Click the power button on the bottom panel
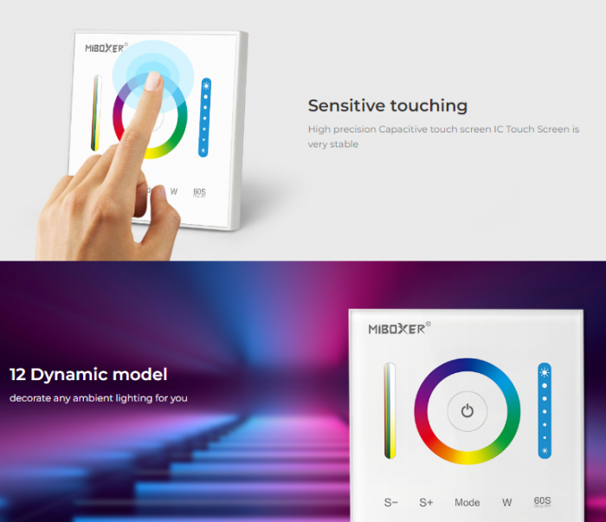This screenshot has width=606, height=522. point(467,411)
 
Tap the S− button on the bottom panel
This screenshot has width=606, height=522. point(390,502)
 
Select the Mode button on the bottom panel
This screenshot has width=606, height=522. point(467,502)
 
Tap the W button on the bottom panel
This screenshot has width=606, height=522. point(507,502)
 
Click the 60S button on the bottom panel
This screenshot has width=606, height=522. point(542,501)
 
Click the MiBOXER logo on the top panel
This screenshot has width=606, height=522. point(106,48)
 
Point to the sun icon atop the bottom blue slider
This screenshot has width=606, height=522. point(545,372)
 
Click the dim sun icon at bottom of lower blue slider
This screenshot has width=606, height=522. point(545,450)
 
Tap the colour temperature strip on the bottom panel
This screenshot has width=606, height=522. point(390,410)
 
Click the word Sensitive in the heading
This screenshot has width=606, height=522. point(346,106)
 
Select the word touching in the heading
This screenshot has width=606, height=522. point(429,106)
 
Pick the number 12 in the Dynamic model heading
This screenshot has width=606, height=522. point(18,374)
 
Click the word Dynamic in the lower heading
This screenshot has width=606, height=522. point(69,375)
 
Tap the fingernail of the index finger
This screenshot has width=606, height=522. point(154,81)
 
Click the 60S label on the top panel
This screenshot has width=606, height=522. point(199,192)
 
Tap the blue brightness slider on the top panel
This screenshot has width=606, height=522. point(205,118)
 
